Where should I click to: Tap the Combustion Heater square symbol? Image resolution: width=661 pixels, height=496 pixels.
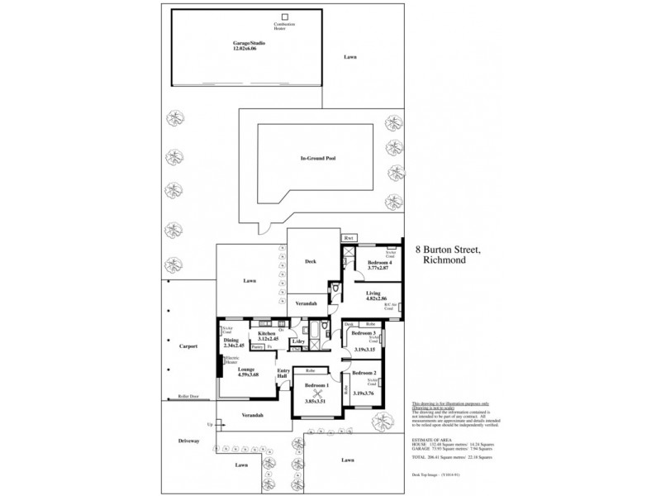284,16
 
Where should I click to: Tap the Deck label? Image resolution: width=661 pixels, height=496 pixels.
310,261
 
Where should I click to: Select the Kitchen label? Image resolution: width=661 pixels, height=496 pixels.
266,332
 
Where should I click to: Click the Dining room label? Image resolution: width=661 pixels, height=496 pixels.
231,339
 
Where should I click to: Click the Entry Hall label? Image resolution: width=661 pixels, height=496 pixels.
283,373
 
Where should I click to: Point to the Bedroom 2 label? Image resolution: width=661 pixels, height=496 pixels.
364,374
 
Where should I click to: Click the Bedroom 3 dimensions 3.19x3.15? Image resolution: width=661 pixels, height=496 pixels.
364,351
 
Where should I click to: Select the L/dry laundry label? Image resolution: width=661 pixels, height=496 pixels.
297,341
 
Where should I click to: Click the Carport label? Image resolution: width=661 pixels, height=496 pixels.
188,346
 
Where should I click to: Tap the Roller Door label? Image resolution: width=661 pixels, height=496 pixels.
188,397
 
